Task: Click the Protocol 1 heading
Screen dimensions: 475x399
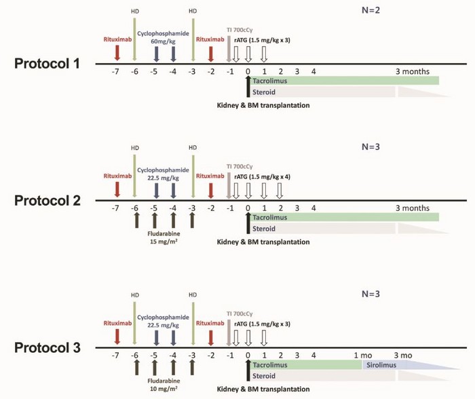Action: (47, 64)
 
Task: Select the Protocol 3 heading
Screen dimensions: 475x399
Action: (47, 347)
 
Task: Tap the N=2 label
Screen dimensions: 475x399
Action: (370, 10)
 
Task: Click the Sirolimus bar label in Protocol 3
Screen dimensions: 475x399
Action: (381, 365)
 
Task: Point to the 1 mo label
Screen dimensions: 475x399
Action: (363, 356)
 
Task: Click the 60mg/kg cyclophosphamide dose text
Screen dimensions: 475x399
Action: (163, 41)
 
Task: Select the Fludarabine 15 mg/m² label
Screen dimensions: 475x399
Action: (164, 237)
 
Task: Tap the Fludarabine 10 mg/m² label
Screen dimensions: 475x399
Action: (164, 385)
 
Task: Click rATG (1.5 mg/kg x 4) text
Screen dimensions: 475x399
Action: (262, 176)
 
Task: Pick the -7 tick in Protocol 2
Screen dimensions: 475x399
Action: (115, 208)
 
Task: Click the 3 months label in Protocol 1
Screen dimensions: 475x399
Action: (413, 71)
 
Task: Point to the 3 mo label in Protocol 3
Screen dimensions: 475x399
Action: (403, 356)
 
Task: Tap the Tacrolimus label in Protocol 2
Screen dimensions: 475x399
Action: (269, 218)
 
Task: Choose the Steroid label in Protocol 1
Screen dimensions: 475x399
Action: (264, 92)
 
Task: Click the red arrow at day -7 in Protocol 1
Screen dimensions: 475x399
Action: (117, 53)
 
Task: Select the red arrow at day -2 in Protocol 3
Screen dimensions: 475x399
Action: (211, 338)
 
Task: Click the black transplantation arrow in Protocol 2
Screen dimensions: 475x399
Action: (248, 223)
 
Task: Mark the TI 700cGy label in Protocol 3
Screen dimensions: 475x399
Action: (240, 313)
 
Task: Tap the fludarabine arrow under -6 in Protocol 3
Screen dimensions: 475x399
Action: (136, 367)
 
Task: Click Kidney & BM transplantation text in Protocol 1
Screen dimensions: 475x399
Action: (263, 105)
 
